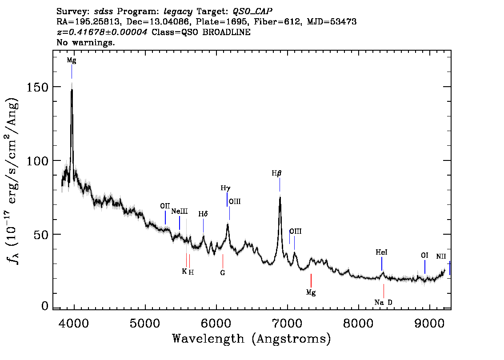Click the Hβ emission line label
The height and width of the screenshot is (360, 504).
[276, 174]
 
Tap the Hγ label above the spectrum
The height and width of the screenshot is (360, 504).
[225, 188]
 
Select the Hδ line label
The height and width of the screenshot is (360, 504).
[203, 214]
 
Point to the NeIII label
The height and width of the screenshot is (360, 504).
[180, 211]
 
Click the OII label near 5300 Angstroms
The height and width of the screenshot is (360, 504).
[165, 206]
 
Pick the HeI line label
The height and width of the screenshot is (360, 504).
[381, 252]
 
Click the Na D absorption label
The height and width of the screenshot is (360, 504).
[384, 303]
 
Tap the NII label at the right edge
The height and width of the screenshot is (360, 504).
[441, 256]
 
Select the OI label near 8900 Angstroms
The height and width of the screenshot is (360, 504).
[424, 255]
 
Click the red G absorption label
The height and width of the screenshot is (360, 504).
[222, 272]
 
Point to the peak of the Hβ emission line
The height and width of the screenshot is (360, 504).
[280, 197]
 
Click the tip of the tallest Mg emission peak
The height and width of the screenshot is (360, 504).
[72, 84]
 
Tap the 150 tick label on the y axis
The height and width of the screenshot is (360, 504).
[37, 87]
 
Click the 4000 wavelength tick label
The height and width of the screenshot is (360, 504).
[74, 323]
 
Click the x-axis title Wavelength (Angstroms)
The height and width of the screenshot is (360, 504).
[252, 339]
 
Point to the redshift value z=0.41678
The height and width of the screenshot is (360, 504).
[102, 32]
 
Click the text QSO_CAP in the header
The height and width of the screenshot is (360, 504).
[252, 12]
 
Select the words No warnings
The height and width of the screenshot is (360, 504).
[85, 42]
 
